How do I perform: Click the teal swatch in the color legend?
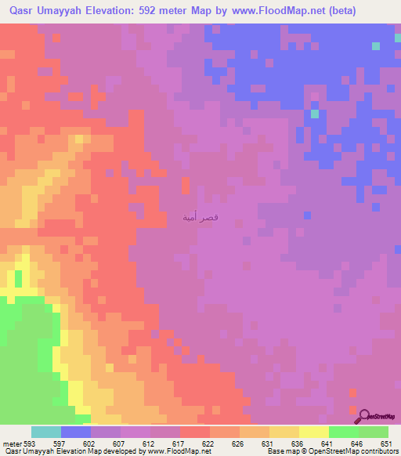(46, 432)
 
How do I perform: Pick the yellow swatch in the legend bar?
(313, 432)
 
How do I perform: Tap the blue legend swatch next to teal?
(76, 432)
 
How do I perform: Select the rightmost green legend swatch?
(374, 432)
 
